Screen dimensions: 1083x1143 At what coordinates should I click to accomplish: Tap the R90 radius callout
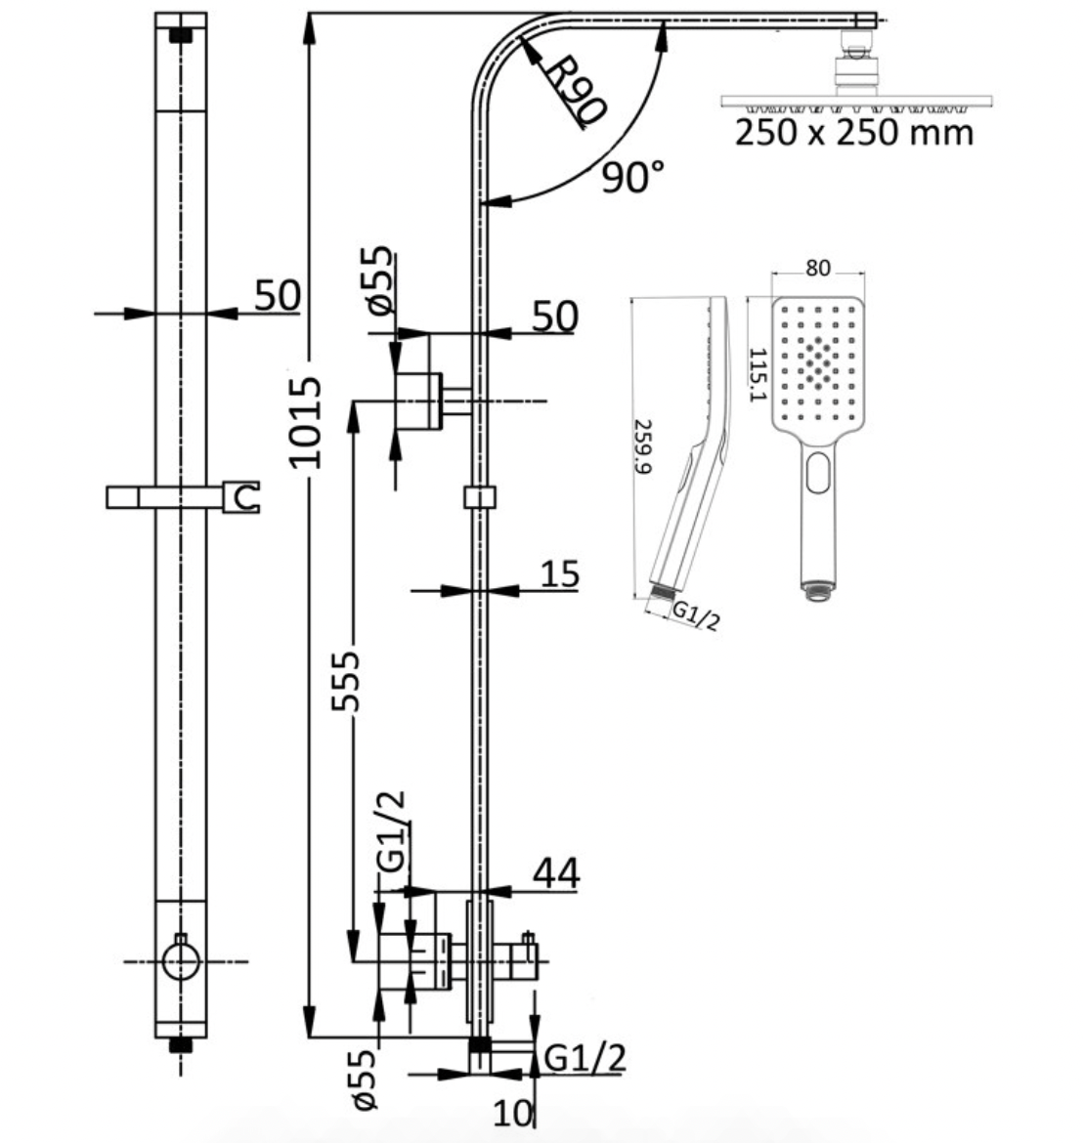[x=576, y=91]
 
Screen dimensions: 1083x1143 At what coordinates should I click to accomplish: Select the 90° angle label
[x=632, y=177]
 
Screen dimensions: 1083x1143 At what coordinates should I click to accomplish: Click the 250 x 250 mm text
[x=854, y=134]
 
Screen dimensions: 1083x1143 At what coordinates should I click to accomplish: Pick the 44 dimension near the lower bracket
[x=556, y=872]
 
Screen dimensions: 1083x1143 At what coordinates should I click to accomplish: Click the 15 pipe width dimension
[x=560, y=573]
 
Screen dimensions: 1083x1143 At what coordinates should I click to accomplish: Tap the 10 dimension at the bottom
[x=513, y=1113]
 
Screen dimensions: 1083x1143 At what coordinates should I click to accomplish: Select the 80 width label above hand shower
[x=817, y=269]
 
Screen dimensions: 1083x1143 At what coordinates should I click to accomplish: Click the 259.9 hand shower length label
[x=643, y=446]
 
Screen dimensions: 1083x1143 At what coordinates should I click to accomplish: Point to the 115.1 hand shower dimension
[x=758, y=374]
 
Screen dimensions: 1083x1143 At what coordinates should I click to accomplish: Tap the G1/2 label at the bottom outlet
[x=585, y=1058]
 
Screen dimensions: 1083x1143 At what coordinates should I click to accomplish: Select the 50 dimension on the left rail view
[x=278, y=295]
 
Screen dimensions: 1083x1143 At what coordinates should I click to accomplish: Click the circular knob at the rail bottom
[x=180, y=961]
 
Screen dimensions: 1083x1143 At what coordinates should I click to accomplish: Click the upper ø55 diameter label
[x=380, y=279]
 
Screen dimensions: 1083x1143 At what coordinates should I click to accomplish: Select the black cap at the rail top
[x=180, y=34]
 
